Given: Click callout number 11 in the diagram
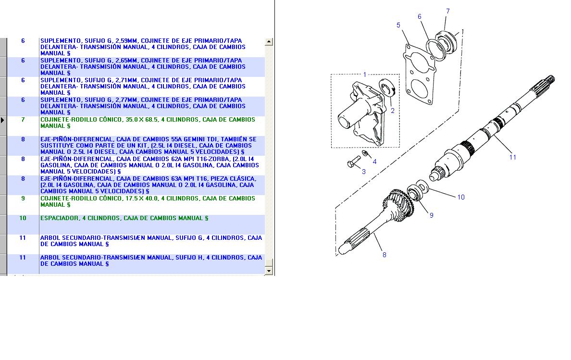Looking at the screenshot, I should [512, 157].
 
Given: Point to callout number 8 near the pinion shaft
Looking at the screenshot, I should [384, 255].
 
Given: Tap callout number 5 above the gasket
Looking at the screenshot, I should [398, 25].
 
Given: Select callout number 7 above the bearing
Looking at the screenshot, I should [447, 11].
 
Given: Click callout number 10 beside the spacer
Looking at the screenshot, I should [460, 197].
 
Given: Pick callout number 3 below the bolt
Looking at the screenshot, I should [363, 172].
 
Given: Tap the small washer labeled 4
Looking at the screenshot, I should [365, 154].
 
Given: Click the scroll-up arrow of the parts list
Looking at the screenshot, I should [269, 41].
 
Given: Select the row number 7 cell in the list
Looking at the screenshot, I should [23, 119].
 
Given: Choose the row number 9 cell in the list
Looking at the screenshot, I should [23, 198].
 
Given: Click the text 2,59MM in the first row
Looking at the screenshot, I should [126, 41].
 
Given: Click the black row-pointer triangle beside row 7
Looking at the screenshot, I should [2, 120].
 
